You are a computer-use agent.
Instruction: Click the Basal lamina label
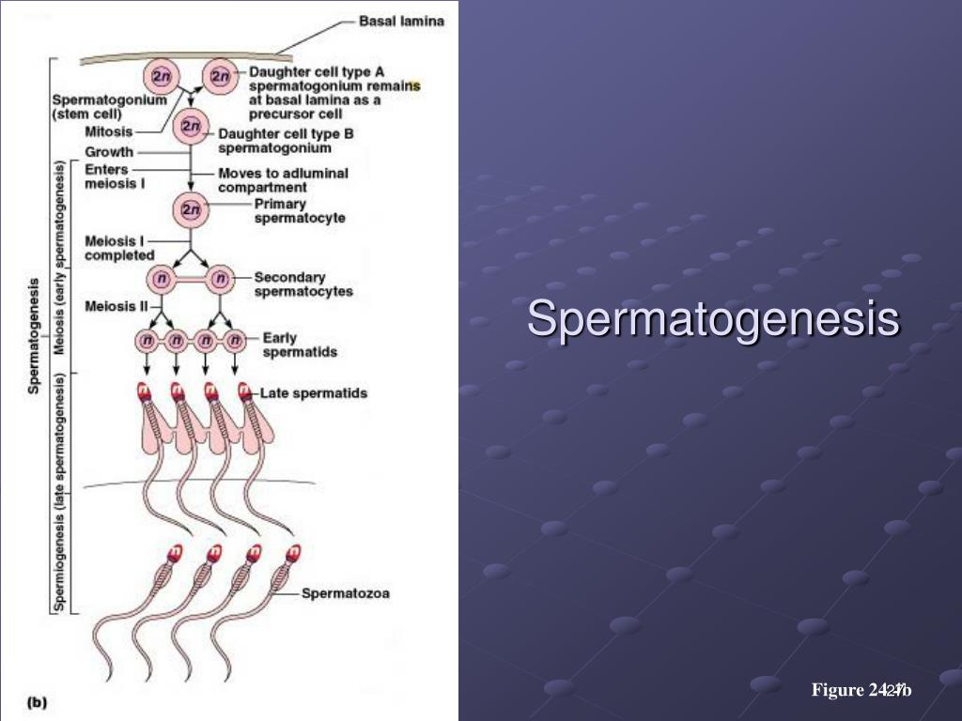[402, 20]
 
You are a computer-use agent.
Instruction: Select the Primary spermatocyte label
[300, 210]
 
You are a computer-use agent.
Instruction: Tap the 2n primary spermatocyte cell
[192, 210]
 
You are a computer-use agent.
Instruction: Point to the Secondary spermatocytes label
[303, 284]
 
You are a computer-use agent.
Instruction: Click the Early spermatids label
[300, 345]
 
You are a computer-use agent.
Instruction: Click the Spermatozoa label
[345, 592]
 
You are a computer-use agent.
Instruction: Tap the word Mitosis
[109, 132]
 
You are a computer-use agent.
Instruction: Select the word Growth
[109, 151]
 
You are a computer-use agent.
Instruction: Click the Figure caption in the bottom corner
[861, 691]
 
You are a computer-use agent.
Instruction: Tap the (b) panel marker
[37, 700]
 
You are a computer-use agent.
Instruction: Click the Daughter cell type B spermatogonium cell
[192, 126]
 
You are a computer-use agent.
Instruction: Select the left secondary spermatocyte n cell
[161, 278]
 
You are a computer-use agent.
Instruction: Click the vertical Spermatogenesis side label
[34, 334]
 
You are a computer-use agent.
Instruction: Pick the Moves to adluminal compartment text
[283, 179]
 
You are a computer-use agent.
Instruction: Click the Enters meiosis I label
[114, 176]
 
